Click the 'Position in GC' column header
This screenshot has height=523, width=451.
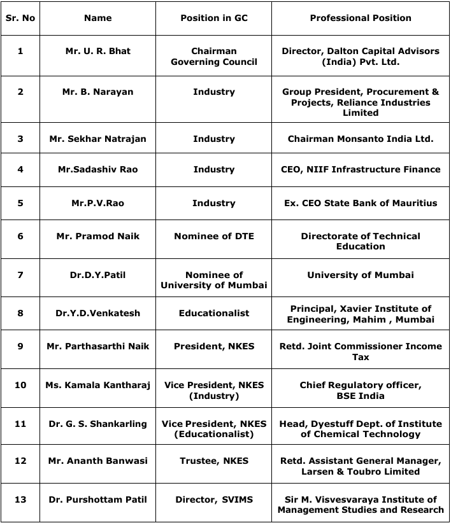[x=214, y=18]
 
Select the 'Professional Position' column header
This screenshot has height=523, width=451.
[x=361, y=18]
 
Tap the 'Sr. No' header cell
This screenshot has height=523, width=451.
[x=20, y=18]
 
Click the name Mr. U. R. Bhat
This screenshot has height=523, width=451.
[x=97, y=51]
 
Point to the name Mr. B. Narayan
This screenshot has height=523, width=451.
[x=97, y=92]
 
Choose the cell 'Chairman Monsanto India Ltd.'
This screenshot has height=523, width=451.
[x=361, y=139]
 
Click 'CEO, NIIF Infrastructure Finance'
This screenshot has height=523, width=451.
[x=361, y=169]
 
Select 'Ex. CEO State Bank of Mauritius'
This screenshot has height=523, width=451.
[x=361, y=203]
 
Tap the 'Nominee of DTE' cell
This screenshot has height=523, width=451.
[x=214, y=236]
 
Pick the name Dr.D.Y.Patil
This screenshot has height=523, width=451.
[x=97, y=275]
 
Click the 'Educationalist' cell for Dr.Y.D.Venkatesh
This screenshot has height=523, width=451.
[x=214, y=313]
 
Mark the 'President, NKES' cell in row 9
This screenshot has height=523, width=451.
[x=214, y=346]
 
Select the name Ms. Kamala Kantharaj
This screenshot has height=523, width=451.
[x=97, y=385]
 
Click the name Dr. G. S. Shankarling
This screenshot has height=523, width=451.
[x=97, y=424]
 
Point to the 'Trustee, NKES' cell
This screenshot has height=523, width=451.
[x=214, y=461]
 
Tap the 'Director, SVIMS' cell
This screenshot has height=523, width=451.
[x=214, y=499]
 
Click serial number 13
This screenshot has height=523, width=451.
[x=20, y=499]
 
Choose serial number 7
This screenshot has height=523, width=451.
[x=20, y=275]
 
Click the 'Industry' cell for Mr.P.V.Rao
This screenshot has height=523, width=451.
[x=214, y=203]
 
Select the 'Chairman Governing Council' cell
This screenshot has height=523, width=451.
[x=214, y=56]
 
